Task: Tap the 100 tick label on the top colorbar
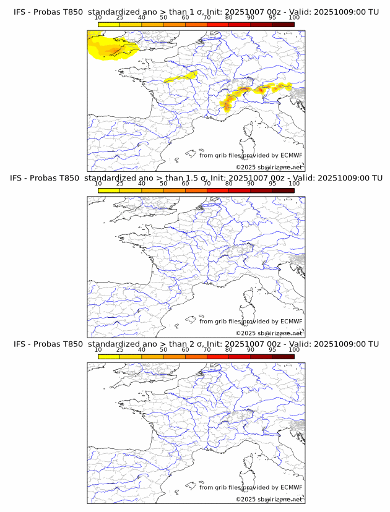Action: tap(294, 18)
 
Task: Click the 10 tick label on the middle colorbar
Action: tap(98, 184)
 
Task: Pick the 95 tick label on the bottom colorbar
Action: tap(272, 350)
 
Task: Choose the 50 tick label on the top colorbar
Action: tap(163, 18)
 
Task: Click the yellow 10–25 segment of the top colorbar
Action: tap(109, 25)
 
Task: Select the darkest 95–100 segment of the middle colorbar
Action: tap(284, 190)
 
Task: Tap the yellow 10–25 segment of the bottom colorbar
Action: tap(109, 357)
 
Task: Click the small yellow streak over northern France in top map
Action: tap(183, 77)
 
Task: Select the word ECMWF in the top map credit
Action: tap(291, 155)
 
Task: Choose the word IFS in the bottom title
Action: tap(20, 344)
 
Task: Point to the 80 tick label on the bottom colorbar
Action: tap(229, 350)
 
